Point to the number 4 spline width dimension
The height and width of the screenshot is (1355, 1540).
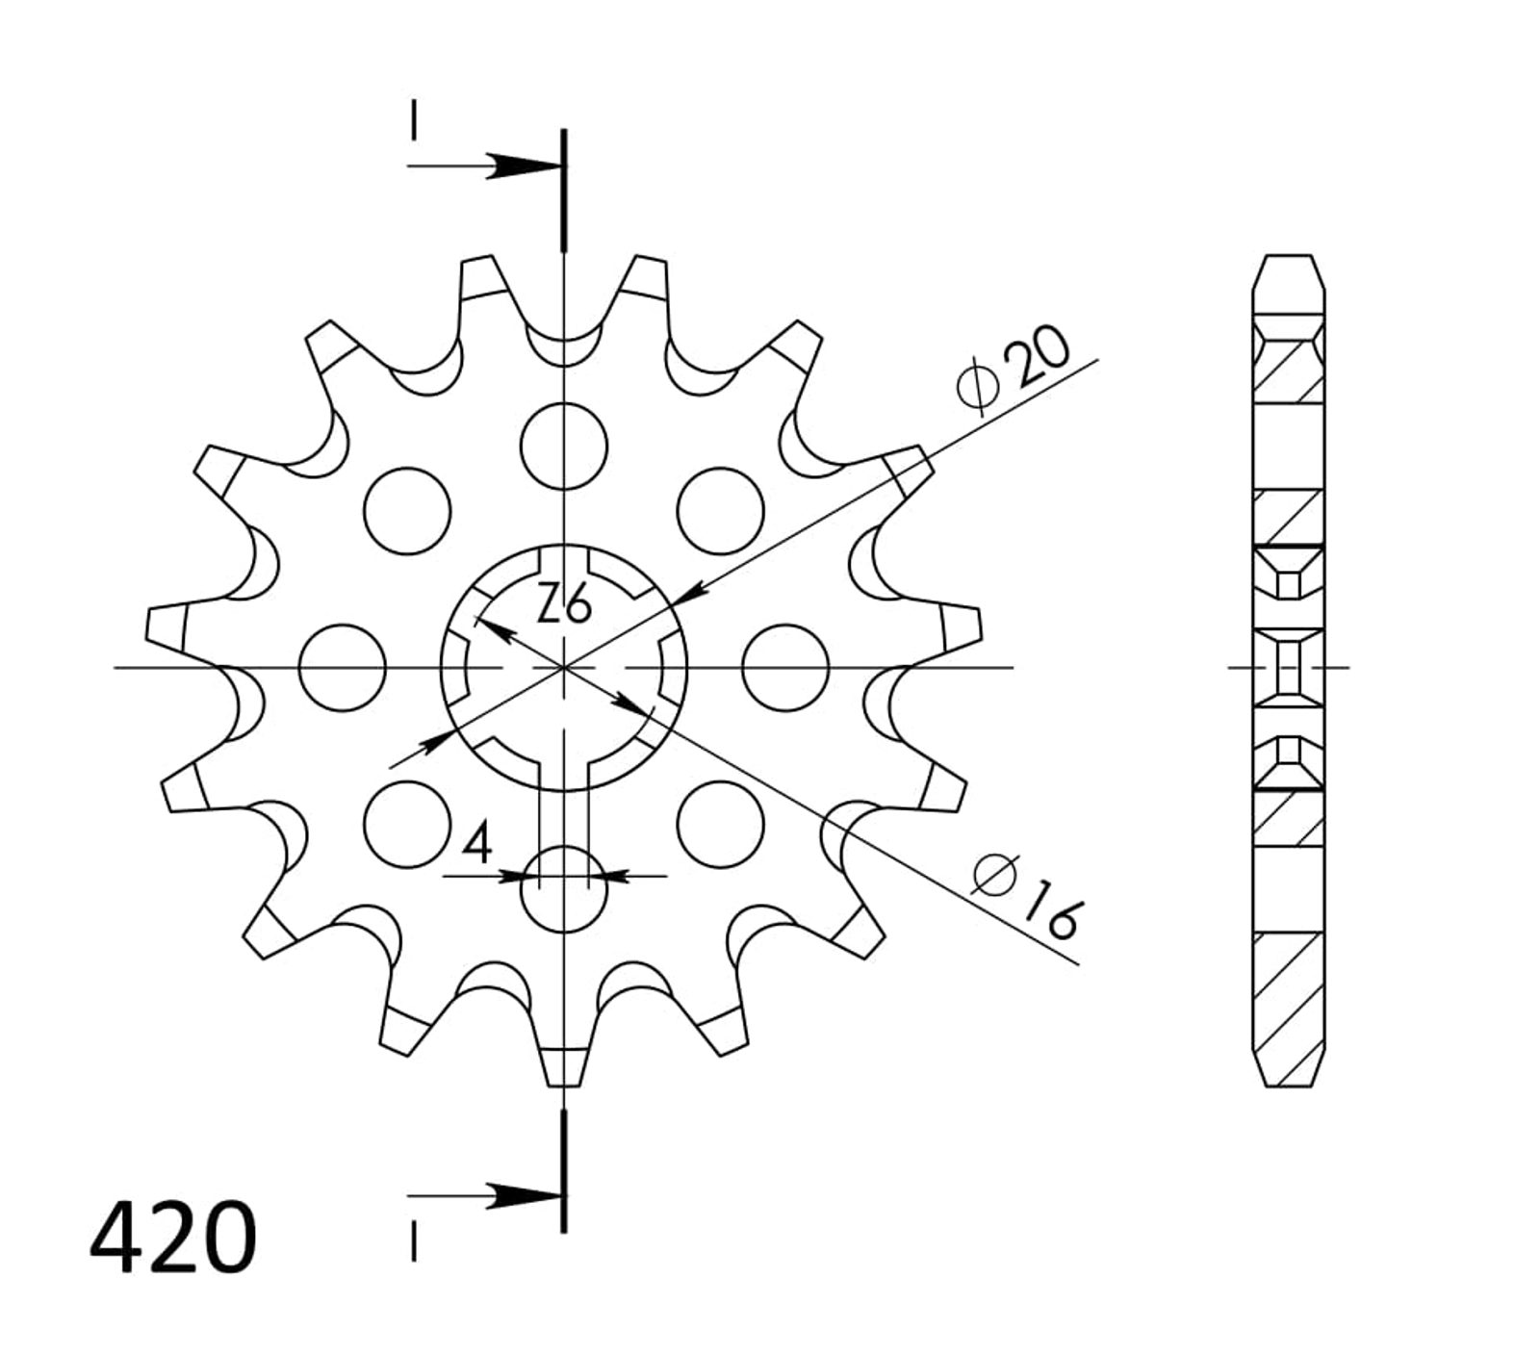[478, 844]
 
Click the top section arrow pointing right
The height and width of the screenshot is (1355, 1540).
[484, 166]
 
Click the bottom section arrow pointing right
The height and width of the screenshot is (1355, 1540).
[484, 1196]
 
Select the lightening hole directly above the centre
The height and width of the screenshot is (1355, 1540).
[564, 446]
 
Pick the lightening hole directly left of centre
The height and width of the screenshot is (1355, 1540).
[343, 668]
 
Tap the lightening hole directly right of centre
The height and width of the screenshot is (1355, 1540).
[786, 668]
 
